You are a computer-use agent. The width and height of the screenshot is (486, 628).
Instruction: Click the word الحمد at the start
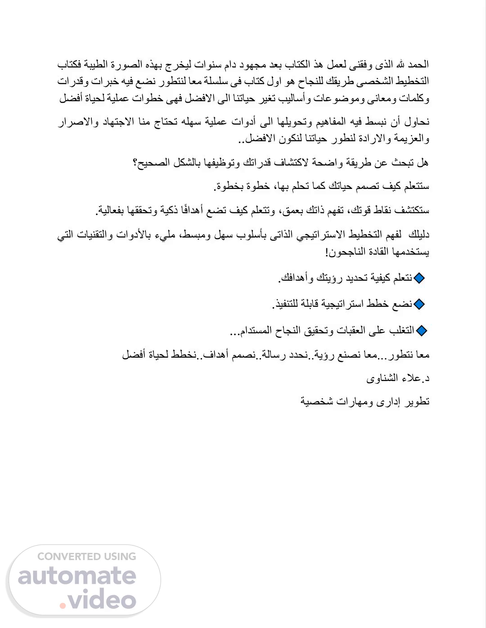418,65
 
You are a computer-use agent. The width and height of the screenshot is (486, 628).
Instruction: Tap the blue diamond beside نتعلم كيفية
419,278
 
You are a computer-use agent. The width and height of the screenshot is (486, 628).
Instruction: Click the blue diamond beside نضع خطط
419,305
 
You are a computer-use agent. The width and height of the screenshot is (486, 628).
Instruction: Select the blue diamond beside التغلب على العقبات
422,331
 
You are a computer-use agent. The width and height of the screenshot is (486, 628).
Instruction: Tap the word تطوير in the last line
417,401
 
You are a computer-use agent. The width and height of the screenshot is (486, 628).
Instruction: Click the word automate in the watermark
77,576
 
